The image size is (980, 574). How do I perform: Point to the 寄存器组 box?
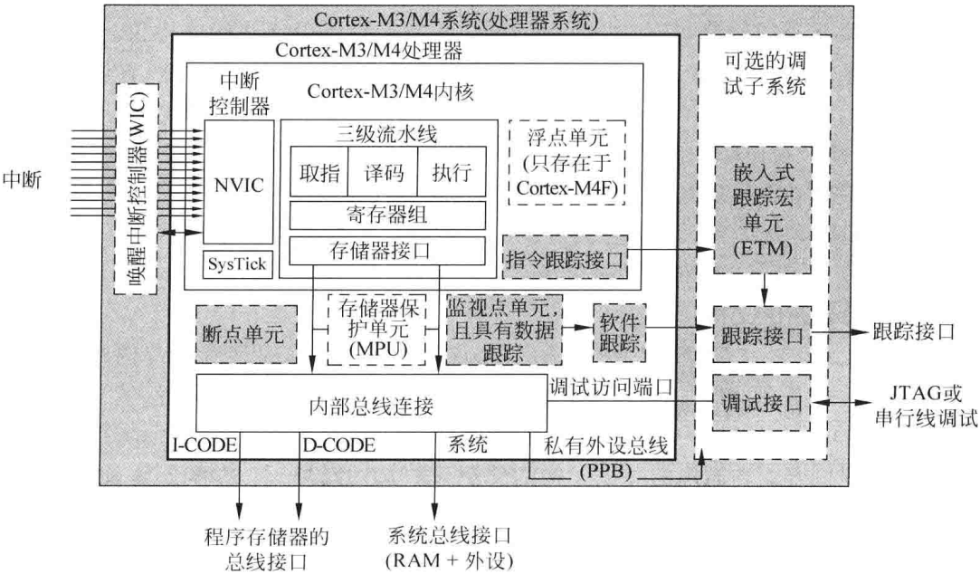[x=387, y=215]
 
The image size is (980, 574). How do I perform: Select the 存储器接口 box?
[x=387, y=250]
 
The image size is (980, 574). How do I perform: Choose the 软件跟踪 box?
[x=620, y=330]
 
